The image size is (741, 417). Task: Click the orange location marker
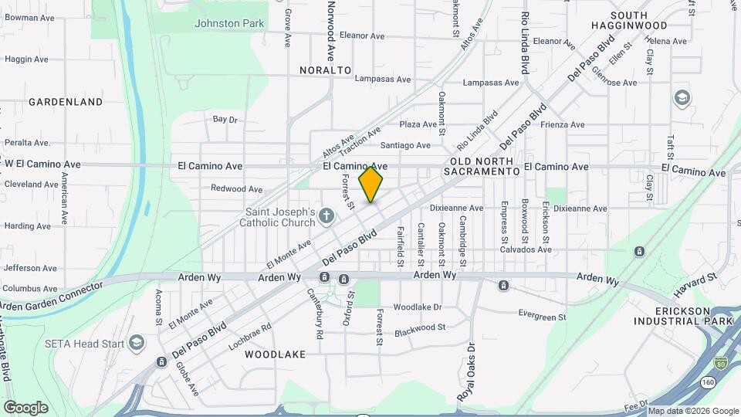point(371,185)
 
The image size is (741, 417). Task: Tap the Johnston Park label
point(229,23)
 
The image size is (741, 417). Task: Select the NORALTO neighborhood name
point(325,70)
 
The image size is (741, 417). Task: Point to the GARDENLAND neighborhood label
point(66,101)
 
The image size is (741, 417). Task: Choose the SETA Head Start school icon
point(137,343)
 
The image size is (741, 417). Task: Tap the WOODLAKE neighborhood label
point(275,354)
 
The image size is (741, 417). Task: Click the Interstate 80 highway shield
point(720,362)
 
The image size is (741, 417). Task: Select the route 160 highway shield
point(708,382)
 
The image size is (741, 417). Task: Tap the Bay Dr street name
point(225,120)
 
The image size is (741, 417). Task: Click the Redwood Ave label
point(237,189)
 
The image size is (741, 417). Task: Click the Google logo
point(25,408)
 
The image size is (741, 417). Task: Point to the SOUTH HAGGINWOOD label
point(639,21)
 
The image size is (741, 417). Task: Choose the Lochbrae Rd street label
point(250,337)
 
